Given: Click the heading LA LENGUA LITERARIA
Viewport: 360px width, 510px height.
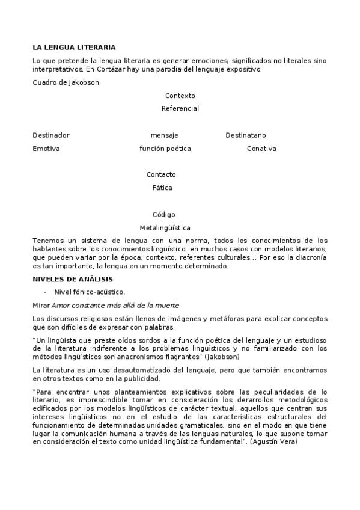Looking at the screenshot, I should coord(74,47).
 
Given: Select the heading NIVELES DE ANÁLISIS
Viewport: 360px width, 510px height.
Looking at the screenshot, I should coord(73,279).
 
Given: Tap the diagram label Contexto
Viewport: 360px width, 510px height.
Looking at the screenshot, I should coord(180,96).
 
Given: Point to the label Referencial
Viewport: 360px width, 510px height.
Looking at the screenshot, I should coord(180,109).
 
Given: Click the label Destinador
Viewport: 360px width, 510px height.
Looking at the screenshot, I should coord(51,135).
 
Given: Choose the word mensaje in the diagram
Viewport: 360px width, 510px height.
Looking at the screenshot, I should coord(164,135).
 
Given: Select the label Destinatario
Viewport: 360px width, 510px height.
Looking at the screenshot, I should coord(246,135).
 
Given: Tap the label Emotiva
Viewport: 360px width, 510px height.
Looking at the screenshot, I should coord(46,149).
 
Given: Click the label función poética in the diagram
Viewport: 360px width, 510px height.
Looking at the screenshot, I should coord(165,149).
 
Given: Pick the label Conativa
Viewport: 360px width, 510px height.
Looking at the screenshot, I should coord(261,149).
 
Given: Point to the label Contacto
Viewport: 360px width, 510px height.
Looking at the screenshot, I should coord(161,175).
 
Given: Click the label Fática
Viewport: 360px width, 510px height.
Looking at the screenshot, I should coord(162,188).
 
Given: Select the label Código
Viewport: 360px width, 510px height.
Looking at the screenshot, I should coord(163,215).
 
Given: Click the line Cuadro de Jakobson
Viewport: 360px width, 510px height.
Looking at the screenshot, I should coord(66,82).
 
